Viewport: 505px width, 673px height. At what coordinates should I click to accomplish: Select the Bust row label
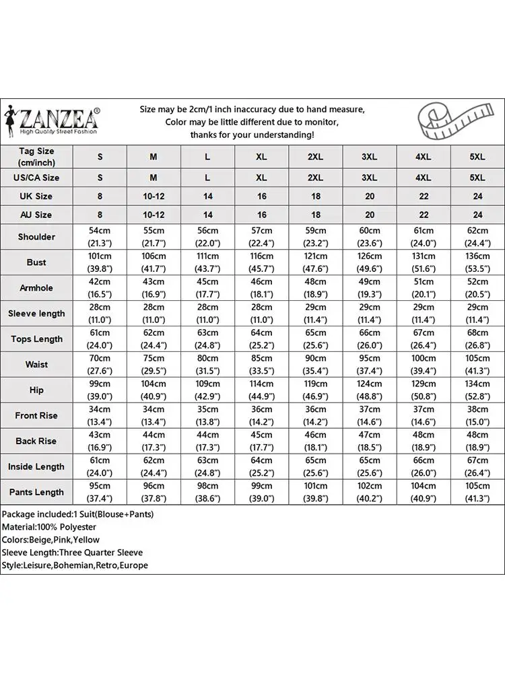click(x=37, y=262)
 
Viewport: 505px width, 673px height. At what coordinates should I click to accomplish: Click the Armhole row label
click(x=37, y=288)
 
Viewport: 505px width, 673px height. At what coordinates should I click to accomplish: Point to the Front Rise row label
click(x=37, y=416)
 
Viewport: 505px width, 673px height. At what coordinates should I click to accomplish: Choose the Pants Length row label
click(x=37, y=493)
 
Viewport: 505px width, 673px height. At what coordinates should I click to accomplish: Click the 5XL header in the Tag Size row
click(x=477, y=156)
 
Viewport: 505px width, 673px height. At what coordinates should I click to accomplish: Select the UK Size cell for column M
click(x=154, y=197)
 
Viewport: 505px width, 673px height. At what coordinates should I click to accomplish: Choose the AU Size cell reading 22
click(x=423, y=215)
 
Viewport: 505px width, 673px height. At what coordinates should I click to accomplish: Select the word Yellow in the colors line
click(x=86, y=540)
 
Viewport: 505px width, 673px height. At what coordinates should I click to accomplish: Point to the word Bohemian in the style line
click(x=72, y=565)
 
